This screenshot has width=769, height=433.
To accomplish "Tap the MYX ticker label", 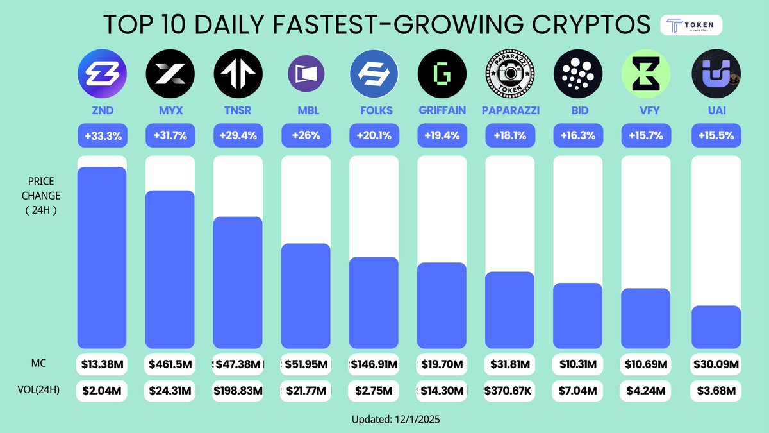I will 170,110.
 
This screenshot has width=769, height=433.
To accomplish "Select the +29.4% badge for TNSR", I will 238,136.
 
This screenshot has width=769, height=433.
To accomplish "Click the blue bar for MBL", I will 306,296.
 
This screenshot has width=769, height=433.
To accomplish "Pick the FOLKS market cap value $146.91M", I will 374,364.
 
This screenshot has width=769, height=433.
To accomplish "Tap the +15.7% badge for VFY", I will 646,136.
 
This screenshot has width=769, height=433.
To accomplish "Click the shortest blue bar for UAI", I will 716,327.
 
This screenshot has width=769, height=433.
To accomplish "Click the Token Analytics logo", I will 691,25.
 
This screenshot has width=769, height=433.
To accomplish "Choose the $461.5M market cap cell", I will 170,364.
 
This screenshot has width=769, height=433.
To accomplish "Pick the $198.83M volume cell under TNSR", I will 238,390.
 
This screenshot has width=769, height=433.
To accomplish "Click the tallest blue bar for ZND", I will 101,257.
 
